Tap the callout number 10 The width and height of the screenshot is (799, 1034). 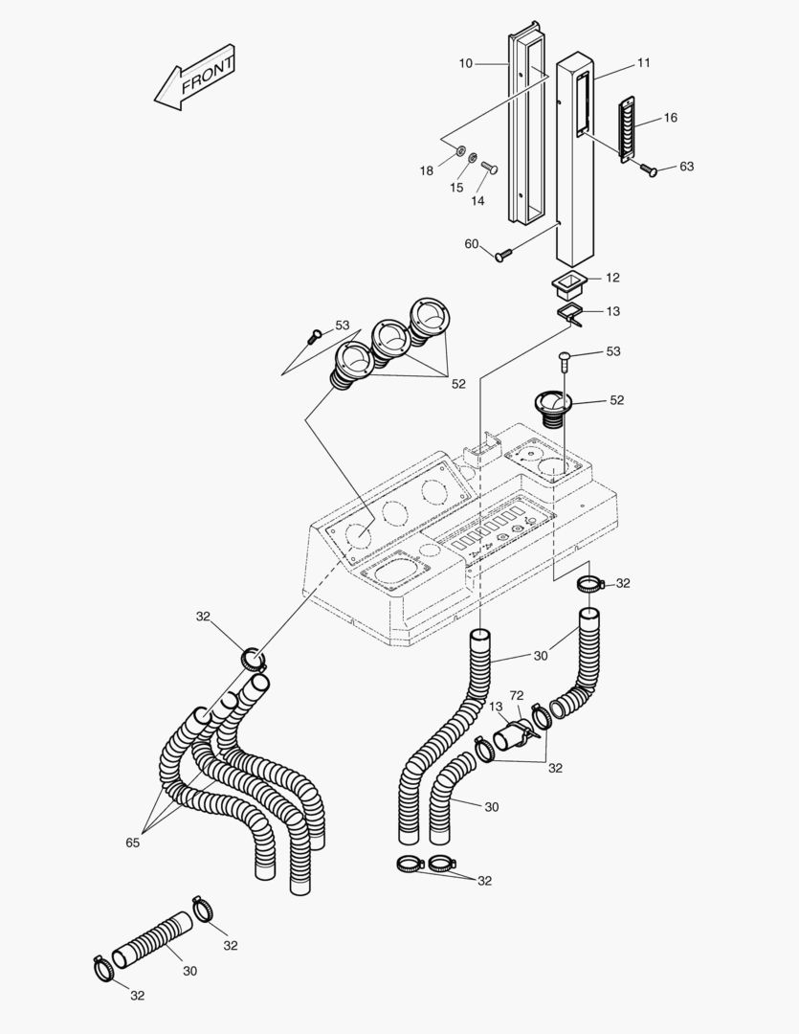click(x=466, y=63)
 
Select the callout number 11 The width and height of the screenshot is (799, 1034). click(x=643, y=63)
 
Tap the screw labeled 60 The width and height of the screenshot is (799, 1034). click(x=505, y=254)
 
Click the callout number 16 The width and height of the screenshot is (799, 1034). click(x=670, y=118)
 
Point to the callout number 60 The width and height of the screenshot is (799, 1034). click(x=472, y=244)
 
